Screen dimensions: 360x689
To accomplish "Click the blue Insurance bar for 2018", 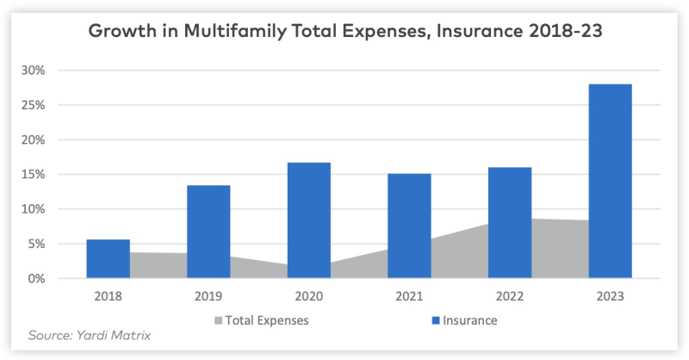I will coord(108,258).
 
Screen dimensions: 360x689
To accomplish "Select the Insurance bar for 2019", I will coord(208,232).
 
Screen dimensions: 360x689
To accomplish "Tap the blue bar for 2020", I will coord(308,220).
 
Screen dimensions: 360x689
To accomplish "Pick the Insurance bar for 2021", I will coord(409,226).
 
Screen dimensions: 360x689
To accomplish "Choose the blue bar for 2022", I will coord(510,222).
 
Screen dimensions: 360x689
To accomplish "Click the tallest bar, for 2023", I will coord(610,181).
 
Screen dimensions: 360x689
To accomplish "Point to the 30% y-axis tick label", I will coord(43,71).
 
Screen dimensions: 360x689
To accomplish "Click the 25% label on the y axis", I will coord(43,105).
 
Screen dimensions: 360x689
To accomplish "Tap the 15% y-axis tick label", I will coord(43,175).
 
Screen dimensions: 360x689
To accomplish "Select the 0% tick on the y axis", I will coord(47,279).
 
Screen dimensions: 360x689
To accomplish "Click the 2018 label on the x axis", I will coord(108,296).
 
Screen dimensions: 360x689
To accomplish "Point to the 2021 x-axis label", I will coord(409,296).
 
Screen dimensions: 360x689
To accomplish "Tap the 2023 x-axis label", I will coord(610,296).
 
